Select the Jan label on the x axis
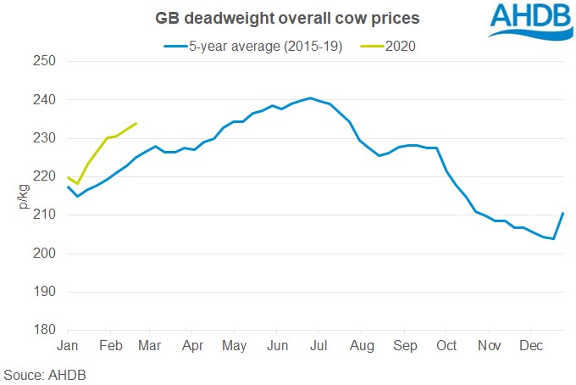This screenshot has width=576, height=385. point(67,346)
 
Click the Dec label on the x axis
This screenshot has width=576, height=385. point(530,346)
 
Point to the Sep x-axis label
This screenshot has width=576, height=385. point(405,346)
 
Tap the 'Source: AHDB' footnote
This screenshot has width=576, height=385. point(44,374)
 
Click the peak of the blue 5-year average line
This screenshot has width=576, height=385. point(310,98)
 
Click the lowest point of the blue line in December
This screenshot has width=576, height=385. point(554,239)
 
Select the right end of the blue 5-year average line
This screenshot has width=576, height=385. point(563,213)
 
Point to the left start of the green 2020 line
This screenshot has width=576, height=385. point(68,177)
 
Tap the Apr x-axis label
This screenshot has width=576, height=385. point(193,346)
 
